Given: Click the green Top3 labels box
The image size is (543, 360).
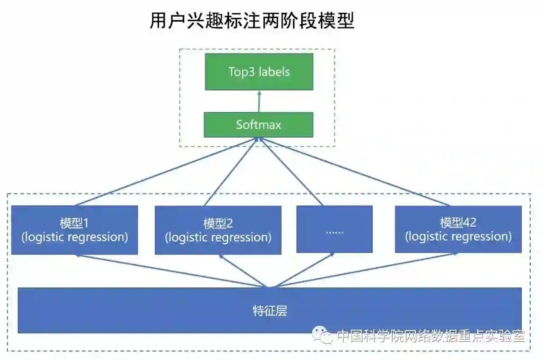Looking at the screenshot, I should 259,72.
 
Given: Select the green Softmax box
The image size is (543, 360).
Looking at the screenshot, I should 258,125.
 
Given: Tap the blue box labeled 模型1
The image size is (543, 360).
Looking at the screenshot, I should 75,230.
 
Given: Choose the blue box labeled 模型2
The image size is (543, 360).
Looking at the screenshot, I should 218,230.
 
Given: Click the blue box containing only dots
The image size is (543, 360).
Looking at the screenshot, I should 334,229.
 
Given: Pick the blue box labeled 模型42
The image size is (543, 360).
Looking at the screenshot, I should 458,229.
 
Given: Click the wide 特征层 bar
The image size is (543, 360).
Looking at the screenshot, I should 269,310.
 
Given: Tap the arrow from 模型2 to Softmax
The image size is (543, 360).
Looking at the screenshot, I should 231,172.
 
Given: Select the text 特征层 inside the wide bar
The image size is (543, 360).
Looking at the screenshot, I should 270,311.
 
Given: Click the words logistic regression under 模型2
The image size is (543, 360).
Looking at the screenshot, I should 218,237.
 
